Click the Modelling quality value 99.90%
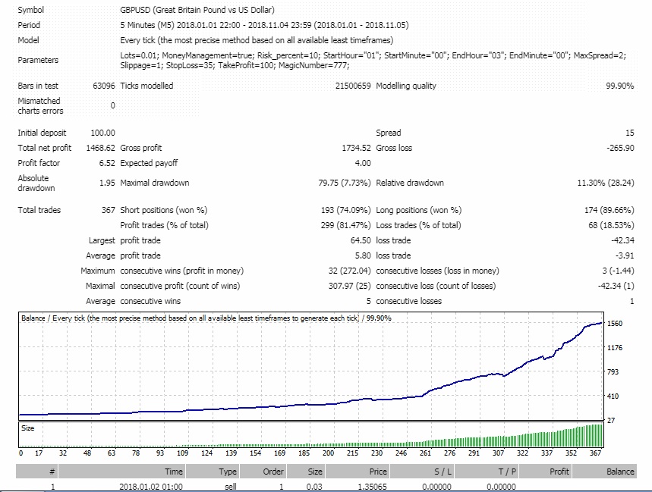619,86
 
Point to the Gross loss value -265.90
620,148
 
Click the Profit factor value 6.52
107,163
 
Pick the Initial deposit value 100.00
102,133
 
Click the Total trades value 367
107,210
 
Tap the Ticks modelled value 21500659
353,86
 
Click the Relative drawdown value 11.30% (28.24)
606,183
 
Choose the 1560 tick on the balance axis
616,324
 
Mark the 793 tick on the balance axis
613,371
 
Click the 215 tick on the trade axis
353,453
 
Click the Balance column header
620,472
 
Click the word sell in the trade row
230,487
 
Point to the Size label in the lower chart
27,428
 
